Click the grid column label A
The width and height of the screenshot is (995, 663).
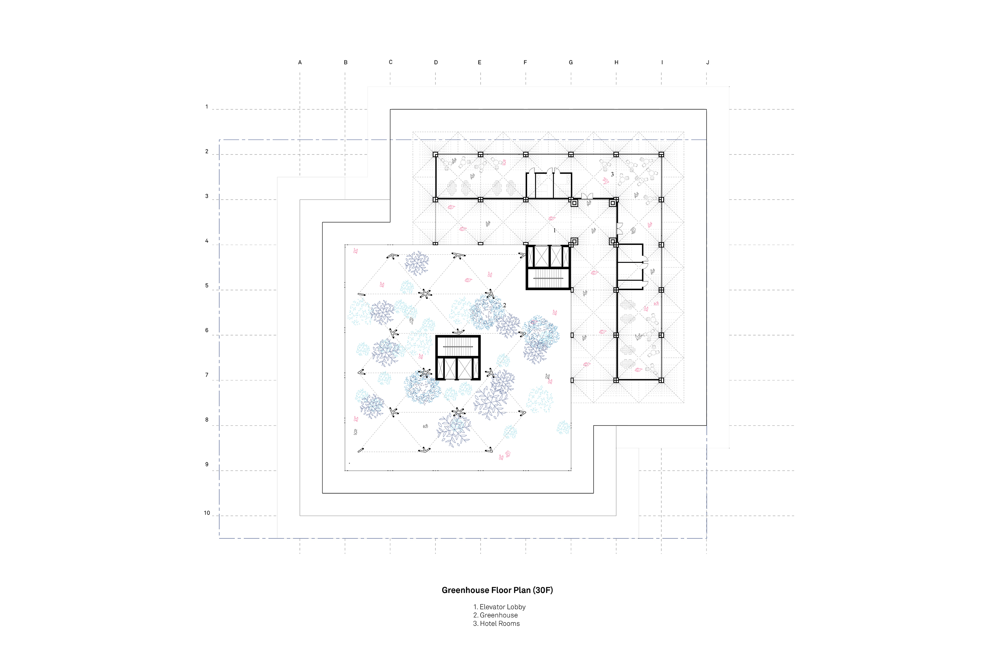[x=300, y=63]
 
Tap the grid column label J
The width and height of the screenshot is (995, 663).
[x=708, y=63]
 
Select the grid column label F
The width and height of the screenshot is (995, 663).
[x=525, y=63]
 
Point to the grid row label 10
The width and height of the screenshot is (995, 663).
[x=207, y=513]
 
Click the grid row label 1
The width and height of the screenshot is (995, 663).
[x=207, y=106]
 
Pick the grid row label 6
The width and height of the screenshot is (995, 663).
[x=207, y=330]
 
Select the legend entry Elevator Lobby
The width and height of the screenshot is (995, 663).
[x=502, y=607]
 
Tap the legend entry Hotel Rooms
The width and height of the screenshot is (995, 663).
[x=499, y=623]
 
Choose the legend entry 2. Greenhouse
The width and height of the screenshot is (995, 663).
[x=496, y=615]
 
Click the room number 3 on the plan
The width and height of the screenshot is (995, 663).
[x=612, y=174]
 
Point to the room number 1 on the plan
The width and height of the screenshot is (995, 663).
[x=555, y=230]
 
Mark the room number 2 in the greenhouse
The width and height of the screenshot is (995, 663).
[x=504, y=305]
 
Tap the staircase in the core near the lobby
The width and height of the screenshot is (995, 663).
[x=549, y=279]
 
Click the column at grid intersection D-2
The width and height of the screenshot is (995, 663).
[x=435, y=155]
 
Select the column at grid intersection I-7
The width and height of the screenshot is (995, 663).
[x=661, y=380]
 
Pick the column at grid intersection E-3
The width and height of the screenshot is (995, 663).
[x=481, y=200]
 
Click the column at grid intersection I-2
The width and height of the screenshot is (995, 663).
[x=661, y=155]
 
